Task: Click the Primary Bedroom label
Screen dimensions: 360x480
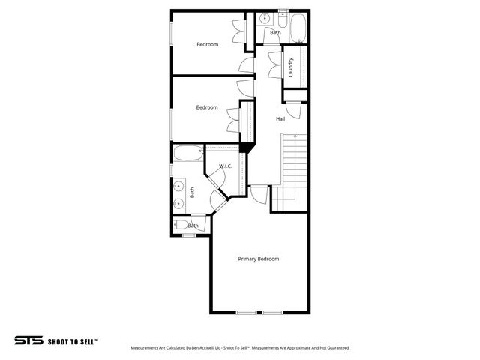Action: (258, 259)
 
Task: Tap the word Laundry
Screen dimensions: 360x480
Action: (290, 67)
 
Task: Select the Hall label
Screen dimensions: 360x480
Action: (280, 119)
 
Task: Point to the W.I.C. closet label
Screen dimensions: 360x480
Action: (225, 166)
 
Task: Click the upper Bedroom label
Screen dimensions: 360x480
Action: (207, 44)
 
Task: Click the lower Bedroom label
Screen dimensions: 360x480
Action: (207, 107)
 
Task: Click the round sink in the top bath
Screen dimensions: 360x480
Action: (265, 20)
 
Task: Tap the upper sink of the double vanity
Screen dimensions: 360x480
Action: (179, 186)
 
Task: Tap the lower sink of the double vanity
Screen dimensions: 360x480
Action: (179, 202)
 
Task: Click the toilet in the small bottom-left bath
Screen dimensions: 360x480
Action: (181, 225)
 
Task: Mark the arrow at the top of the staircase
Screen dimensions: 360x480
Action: (296, 136)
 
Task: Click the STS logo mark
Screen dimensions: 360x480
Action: (28, 340)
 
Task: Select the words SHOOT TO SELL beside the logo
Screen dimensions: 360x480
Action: (73, 341)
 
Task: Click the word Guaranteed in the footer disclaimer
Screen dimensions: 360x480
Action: (336, 348)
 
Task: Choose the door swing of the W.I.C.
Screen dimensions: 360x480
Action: (217, 177)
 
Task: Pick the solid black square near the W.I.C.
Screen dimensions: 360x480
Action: (245, 147)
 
